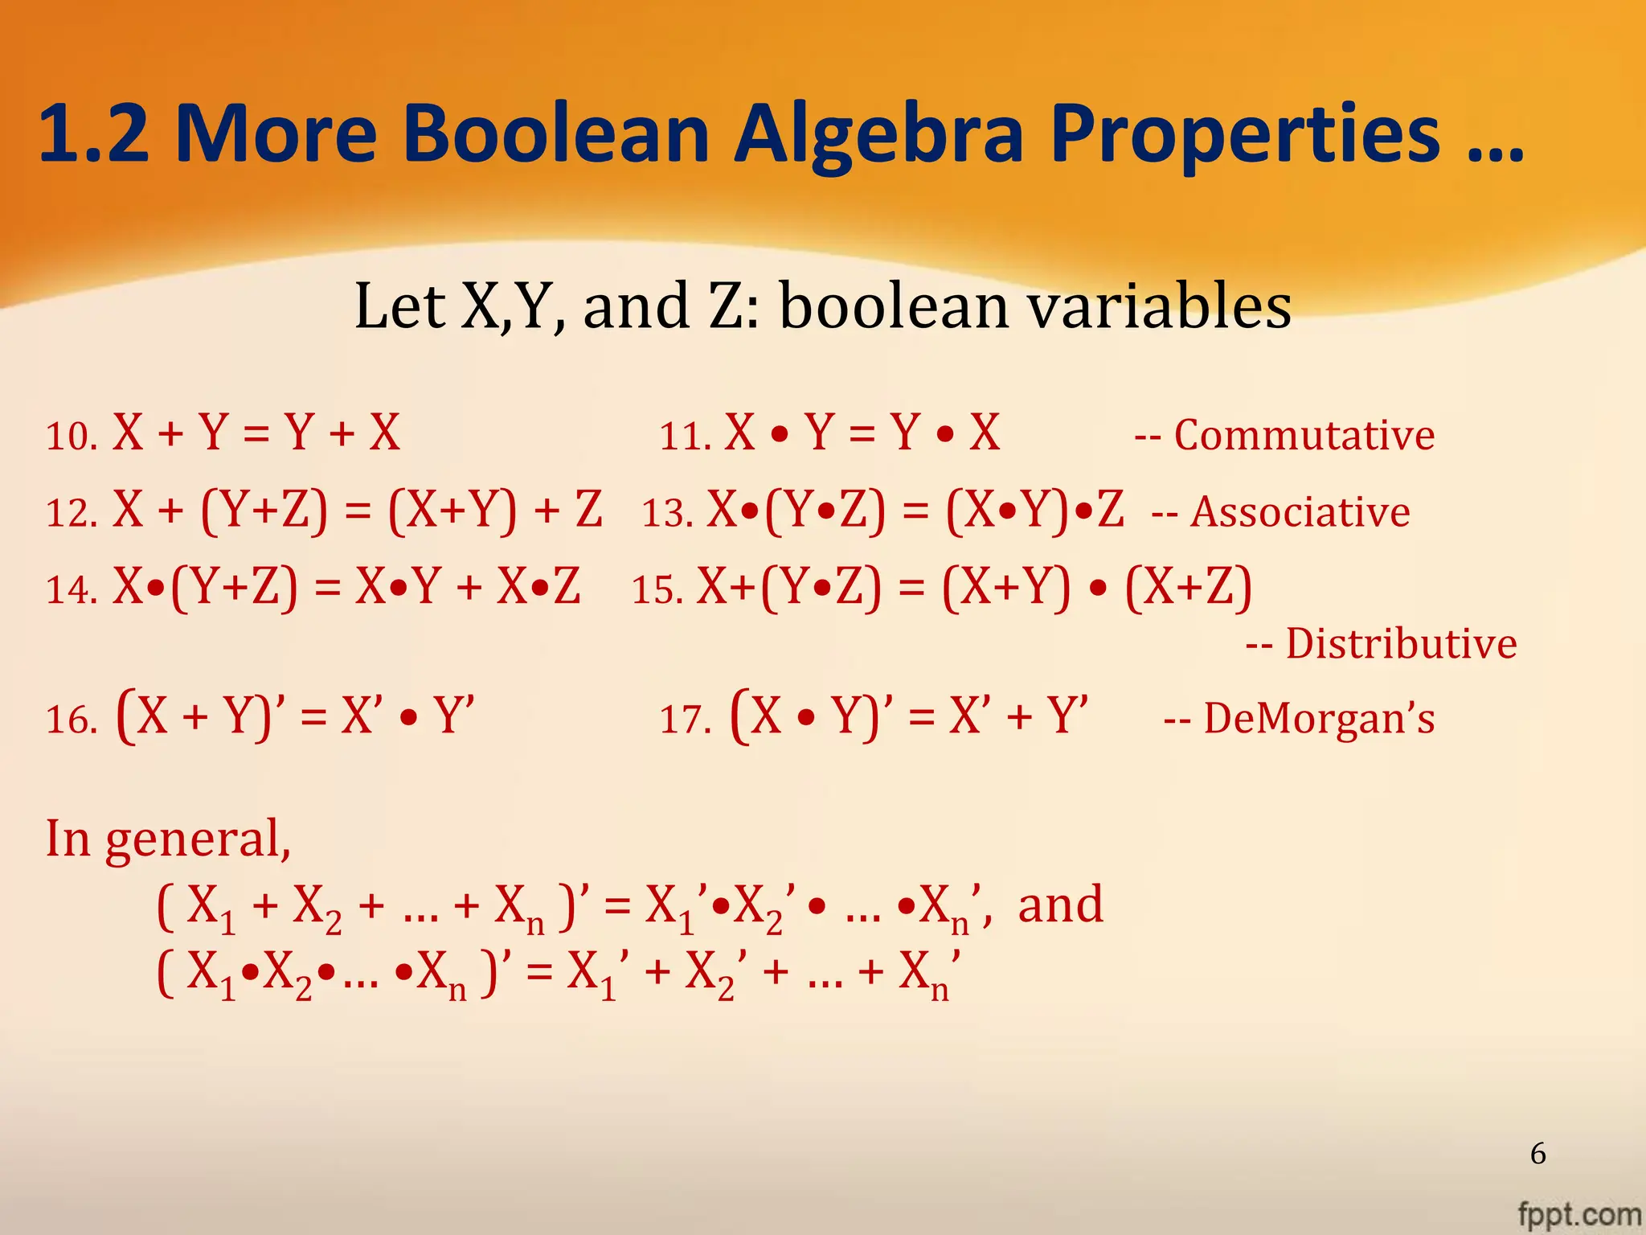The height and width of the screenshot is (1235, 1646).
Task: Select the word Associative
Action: coord(1300,512)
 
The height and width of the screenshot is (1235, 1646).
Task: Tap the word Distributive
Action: coord(1401,644)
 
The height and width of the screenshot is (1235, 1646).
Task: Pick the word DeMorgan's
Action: coord(1318,718)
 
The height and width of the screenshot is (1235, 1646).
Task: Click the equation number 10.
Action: coord(71,437)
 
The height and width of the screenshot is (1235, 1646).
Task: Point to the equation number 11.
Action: coord(685,437)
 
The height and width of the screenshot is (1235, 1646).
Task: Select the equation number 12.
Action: coord(71,513)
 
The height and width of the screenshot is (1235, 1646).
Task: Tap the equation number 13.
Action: coord(667,513)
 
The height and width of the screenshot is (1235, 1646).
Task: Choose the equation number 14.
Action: coord(71,589)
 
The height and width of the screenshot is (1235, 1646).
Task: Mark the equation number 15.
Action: coord(657,589)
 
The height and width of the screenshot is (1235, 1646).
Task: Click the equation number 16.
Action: coord(71,719)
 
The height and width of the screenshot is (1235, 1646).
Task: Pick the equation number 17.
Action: coord(685,719)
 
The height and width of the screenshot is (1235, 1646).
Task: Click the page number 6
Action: coord(1537,1154)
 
